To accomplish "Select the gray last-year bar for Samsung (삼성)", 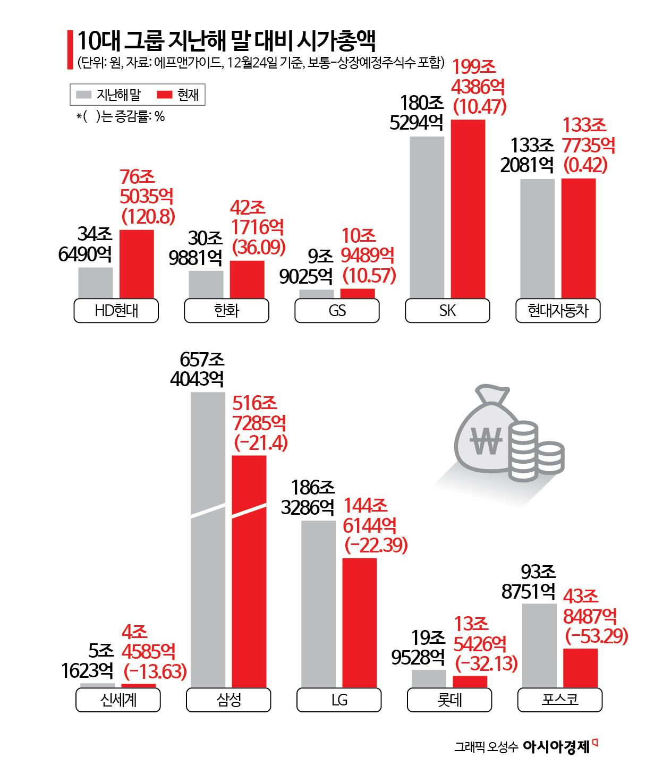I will coord(208,540).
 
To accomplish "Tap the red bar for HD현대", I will coord(137,264).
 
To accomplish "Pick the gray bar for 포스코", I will coord(539,645).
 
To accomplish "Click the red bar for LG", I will coord(359,623).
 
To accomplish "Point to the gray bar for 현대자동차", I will coord(537,239).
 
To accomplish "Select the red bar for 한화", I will coord(247,279).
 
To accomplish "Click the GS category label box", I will coord(337,311).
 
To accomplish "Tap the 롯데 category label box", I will coord(449,700).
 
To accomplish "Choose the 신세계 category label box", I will coord(118,700).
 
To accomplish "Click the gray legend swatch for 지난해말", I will coord(84,95).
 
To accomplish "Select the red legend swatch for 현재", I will coord(165,95).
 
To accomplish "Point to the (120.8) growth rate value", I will coord(148,216).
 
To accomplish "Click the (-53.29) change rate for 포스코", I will coord(596,636).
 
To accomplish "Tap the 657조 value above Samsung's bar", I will coord(202,360).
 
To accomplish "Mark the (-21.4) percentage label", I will coord(261,443).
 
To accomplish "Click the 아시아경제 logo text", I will coord(556,747).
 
